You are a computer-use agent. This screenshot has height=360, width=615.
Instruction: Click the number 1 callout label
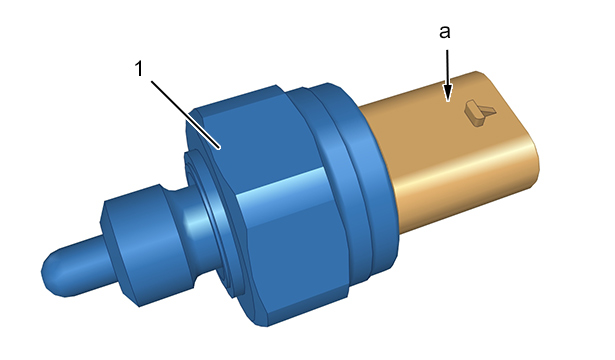139,69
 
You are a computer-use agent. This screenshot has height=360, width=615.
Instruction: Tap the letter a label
445,32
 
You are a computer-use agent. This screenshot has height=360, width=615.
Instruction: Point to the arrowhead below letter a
447,92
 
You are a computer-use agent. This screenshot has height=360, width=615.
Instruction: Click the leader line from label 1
185,115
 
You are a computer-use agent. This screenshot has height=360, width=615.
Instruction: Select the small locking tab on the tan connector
480,113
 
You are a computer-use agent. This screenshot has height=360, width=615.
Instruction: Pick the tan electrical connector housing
451,153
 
